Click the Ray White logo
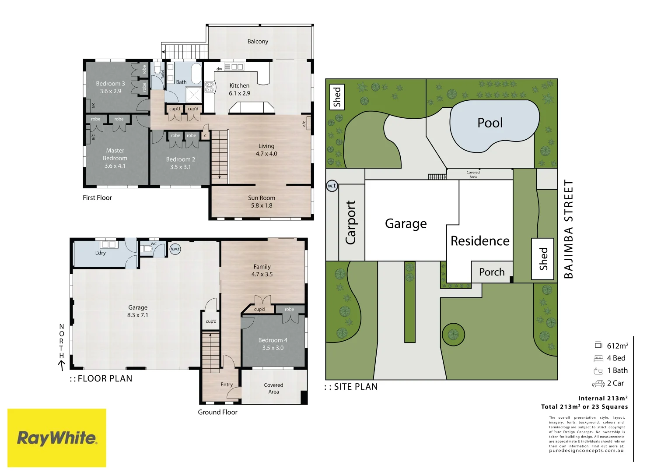coord(57,438)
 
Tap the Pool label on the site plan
coord(490,123)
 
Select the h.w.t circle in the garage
coord(175,249)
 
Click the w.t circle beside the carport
coord(332,186)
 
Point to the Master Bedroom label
coord(115,158)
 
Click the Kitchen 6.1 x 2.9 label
coord(239,89)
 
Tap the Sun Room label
coord(262,201)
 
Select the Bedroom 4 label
coord(273,344)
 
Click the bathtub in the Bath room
coord(196,74)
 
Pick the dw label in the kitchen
coord(219,69)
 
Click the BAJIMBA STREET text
coord(568,229)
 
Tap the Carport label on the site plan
coord(351,222)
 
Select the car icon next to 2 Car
coord(598,384)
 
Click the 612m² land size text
coord(617,346)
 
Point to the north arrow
coord(62,364)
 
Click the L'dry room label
coord(101,253)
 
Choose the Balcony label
coord(258,42)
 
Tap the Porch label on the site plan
coord(492,272)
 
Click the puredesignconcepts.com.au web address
coord(586,451)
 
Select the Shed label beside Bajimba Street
coord(543,259)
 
